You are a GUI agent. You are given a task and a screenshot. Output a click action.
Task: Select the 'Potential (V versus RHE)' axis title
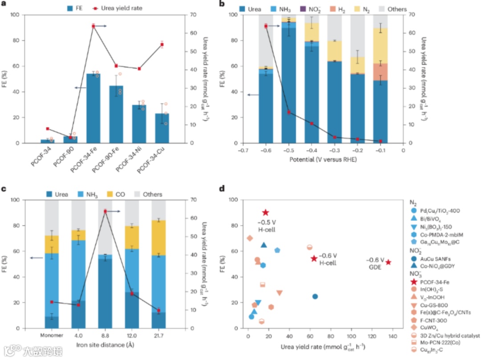click(322, 160)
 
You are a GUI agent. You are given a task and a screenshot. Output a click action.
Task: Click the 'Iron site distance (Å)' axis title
click(105, 345)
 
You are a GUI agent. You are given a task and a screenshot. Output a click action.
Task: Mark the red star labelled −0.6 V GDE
click(388, 262)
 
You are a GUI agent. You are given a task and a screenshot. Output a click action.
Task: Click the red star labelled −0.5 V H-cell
click(265, 213)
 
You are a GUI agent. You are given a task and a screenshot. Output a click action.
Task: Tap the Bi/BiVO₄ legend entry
click(428, 220)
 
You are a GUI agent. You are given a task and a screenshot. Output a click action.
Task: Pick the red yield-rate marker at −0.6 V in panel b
click(266, 26)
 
